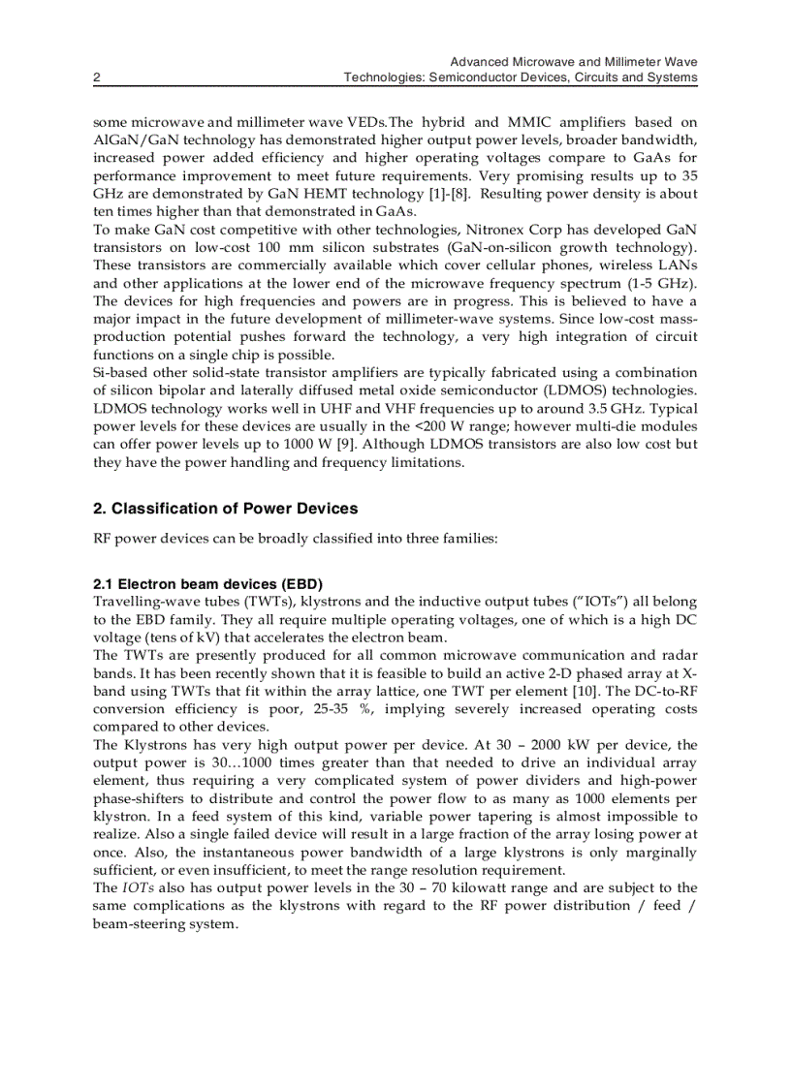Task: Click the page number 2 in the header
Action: (96, 78)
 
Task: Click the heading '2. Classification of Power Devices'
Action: (225, 509)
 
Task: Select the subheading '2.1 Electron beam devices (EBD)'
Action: (207, 584)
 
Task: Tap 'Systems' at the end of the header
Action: (673, 78)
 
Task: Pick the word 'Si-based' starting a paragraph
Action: (119, 373)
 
